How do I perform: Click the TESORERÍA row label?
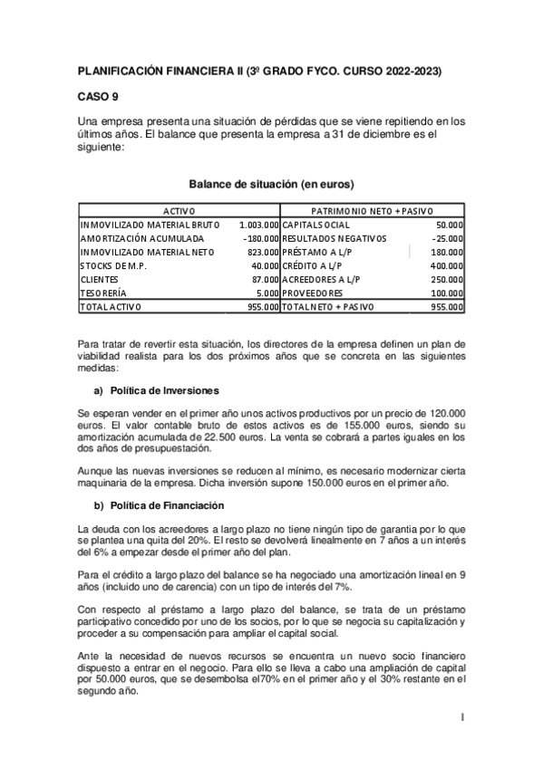104,293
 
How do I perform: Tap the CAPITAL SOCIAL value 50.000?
450,224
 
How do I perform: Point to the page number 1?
461,718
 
